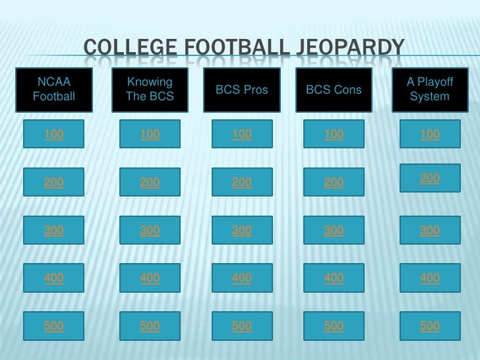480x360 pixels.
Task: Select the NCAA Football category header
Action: tap(54, 89)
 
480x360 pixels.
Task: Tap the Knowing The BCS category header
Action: tap(150, 89)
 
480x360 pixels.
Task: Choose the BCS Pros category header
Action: tap(242, 89)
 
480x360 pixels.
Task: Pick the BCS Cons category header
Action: tap(334, 89)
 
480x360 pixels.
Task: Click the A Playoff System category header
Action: tap(430, 89)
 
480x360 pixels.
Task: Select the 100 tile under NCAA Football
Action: tap(54, 135)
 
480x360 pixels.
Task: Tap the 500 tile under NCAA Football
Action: tap(54, 326)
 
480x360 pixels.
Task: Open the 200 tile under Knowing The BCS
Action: tap(150, 183)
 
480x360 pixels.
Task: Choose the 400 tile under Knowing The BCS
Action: tap(150, 278)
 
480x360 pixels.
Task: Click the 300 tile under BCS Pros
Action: tap(242, 230)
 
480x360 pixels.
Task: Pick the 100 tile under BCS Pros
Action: tap(242, 135)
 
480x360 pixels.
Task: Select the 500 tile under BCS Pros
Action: tap(242, 326)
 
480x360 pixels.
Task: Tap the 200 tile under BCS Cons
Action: tap(334, 183)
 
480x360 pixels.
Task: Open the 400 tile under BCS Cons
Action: tap(334, 278)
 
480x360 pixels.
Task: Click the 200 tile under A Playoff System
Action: tap(430, 179)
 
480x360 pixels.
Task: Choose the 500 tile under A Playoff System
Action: tap(430, 326)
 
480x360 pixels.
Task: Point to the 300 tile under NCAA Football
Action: tap(54, 230)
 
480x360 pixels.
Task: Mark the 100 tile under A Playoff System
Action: tap(430, 135)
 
